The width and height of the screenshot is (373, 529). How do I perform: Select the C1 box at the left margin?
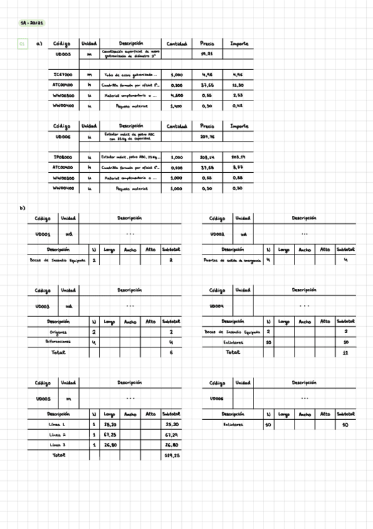point(22,44)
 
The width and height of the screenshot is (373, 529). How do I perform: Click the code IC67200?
point(65,75)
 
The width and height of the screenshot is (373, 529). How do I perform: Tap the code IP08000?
point(65,157)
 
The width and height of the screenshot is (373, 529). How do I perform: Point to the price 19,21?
point(207,55)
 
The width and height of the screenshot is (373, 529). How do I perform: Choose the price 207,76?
point(207,137)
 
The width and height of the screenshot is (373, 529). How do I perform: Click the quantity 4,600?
point(176,95)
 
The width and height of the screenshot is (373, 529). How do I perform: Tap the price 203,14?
point(207,157)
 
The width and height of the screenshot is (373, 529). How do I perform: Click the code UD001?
point(42,235)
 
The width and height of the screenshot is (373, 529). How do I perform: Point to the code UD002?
point(217,235)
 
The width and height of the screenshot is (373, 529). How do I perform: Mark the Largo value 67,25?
point(110,434)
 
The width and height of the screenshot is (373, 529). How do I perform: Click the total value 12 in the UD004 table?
point(346,352)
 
